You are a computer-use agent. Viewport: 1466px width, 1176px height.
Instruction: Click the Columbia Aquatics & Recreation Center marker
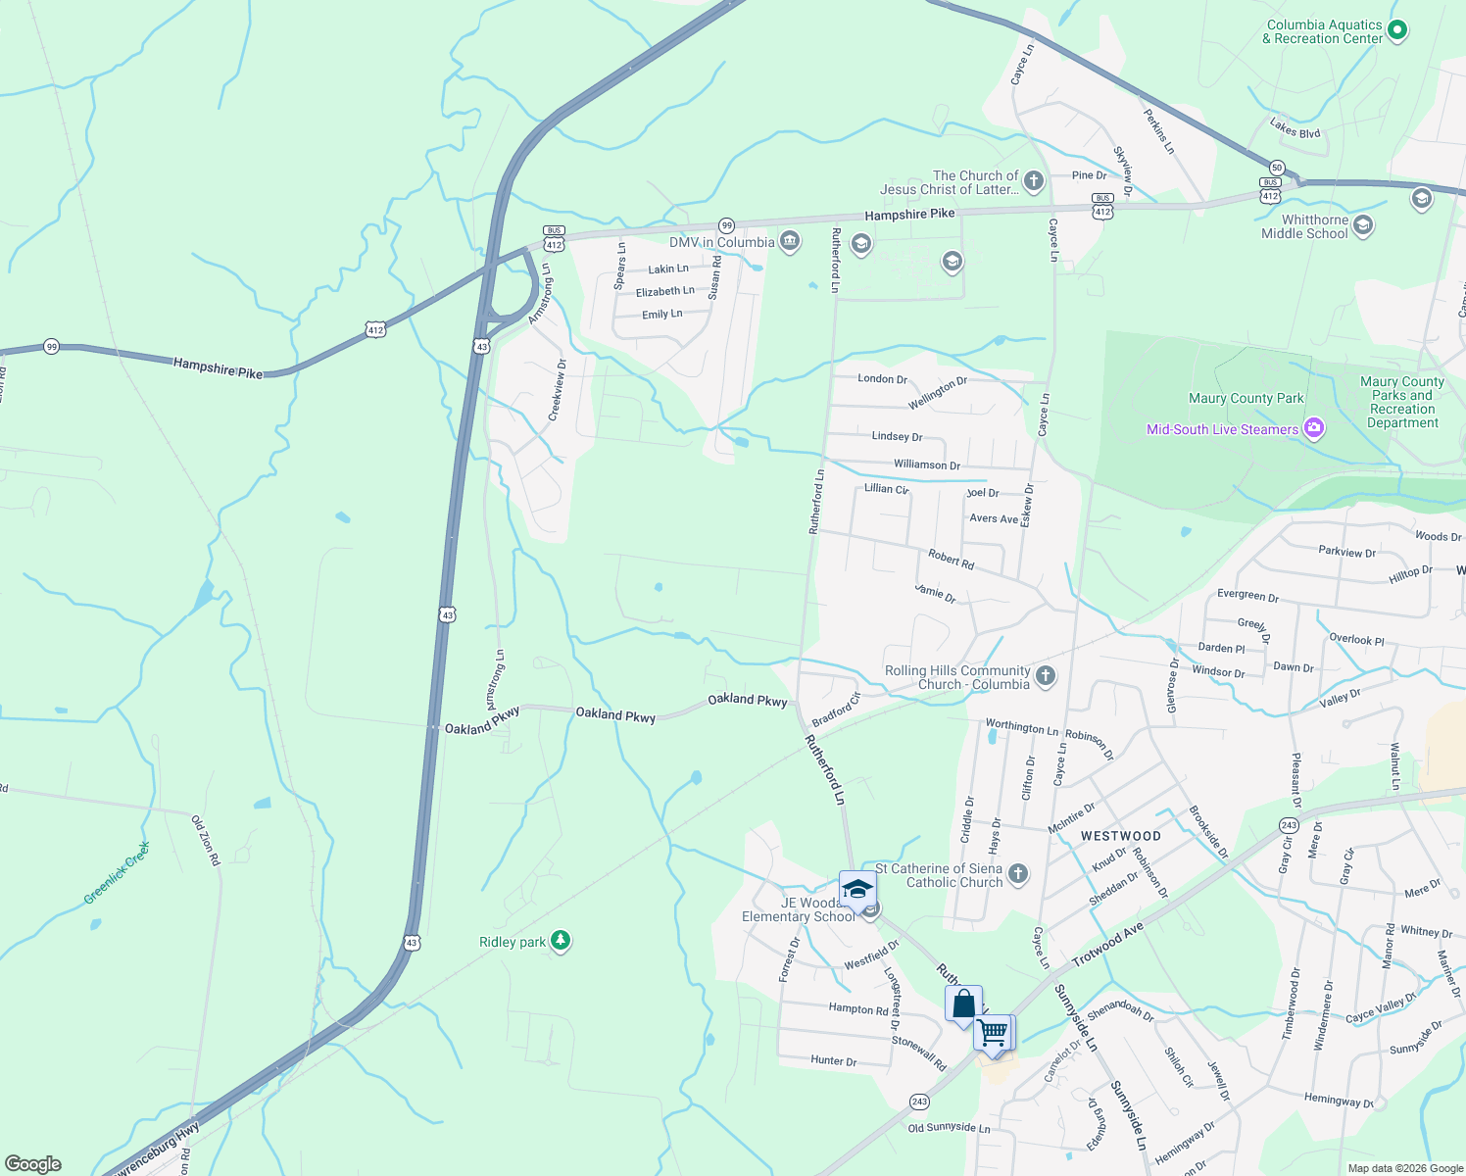(x=1397, y=31)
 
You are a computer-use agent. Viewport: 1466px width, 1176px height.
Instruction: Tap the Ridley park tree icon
(x=560, y=941)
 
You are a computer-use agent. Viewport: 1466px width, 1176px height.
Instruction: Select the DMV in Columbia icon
(x=790, y=242)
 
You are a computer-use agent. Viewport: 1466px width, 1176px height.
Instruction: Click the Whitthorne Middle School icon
(x=1362, y=226)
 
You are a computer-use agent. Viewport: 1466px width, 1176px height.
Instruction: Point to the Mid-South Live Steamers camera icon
(x=1314, y=428)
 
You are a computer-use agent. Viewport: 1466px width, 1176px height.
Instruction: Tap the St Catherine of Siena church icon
(x=1018, y=874)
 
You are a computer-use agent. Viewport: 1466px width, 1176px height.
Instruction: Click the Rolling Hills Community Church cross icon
(x=1046, y=676)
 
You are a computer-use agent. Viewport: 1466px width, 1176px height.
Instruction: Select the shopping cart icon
(x=994, y=1032)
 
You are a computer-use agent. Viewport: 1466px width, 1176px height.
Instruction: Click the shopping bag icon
(x=963, y=1004)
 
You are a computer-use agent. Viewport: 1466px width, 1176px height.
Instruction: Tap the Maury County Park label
(x=1246, y=398)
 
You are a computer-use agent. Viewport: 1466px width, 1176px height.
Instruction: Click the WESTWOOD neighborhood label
(x=1120, y=836)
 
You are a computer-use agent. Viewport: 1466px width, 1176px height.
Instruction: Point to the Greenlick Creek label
(x=117, y=872)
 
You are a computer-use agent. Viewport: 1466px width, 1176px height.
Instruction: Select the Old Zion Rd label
(x=206, y=840)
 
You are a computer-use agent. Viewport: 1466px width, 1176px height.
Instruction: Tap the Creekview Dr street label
(x=557, y=390)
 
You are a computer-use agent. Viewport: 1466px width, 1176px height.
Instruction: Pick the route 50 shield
(x=1277, y=168)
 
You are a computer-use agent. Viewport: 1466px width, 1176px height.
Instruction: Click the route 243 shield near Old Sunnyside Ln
(x=918, y=1102)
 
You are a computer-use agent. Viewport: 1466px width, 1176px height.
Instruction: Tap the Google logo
(x=32, y=1164)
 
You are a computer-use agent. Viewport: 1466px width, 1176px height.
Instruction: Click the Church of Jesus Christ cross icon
(x=1033, y=181)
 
